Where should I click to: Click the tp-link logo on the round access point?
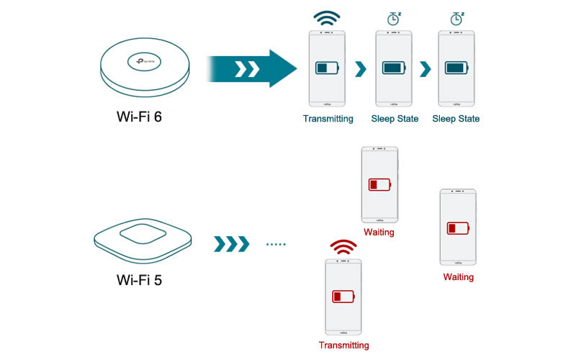coord(147,62)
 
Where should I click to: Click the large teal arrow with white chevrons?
coord(252,68)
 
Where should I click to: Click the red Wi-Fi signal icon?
coord(343,248)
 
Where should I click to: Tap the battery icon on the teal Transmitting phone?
coord(328,68)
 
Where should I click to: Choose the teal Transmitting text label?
coord(328,119)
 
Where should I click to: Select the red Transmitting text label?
coord(343,345)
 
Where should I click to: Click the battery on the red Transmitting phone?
coord(343,296)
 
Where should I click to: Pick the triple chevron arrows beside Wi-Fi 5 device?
coord(231,245)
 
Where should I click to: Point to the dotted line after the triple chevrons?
coord(276,245)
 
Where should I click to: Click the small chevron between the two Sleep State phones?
coord(425,68)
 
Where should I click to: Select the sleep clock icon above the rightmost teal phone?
coord(456,18)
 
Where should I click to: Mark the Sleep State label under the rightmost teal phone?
coord(456,119)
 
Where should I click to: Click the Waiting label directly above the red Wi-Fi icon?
coord(379,233)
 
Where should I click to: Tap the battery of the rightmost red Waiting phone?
coord(458,228)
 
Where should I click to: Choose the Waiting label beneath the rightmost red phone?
coord(458,277)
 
